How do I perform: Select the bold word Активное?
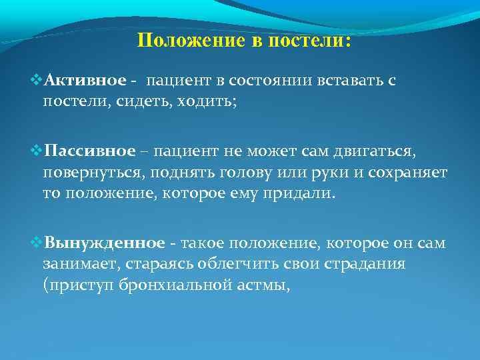(86, 81)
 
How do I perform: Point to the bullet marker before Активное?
(37, 81)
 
